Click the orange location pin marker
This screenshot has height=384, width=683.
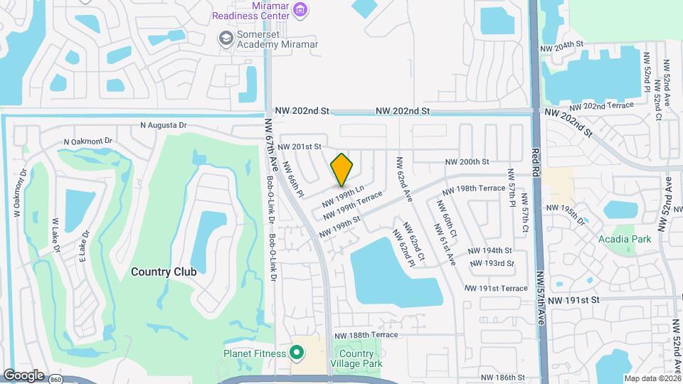(342, 169)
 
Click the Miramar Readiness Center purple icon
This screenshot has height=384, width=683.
(301, 9)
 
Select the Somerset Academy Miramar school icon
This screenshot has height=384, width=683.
(226, 38)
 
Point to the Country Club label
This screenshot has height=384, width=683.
(164, 272)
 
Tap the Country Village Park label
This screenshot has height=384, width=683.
(356, 359)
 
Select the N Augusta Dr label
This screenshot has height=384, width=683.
(164, 125)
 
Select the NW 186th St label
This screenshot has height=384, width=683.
(502, 378)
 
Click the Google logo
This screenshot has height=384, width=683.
(23, 375)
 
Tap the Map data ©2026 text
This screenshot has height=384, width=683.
(652, 378)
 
